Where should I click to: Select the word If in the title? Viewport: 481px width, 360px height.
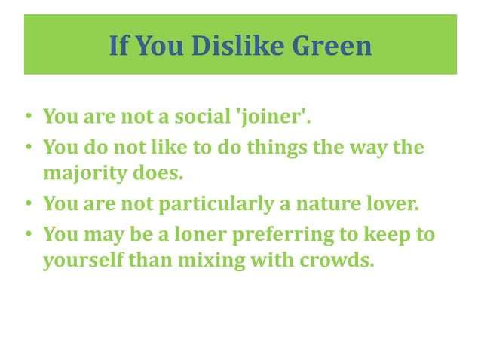click(x=118, y=46)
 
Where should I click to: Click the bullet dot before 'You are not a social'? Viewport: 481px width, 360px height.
click(x=28, y=119)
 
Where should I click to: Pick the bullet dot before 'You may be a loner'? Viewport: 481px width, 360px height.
click(x=28, y=235)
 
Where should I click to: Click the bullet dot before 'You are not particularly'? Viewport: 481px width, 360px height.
click(x=28, y=204)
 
